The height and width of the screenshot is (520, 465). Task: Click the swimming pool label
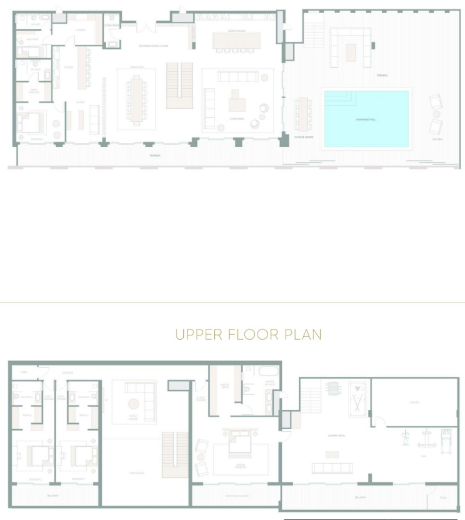[366, 120]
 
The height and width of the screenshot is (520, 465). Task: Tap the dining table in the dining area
[136, 99]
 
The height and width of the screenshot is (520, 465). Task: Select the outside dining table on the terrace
[303, 114]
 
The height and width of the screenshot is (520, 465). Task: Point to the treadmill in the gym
[446, 440]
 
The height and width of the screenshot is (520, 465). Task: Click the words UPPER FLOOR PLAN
[248, 335]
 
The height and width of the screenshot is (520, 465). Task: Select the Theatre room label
[414, 403]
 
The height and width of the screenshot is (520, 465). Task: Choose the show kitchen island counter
[237, 41]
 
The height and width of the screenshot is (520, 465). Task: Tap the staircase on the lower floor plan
[179, 86]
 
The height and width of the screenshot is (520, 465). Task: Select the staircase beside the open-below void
[175, 454]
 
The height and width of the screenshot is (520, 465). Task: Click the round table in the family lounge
[134, 404]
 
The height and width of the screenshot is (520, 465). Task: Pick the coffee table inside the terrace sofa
[350, 52]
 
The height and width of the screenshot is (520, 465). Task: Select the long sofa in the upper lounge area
[332, 468]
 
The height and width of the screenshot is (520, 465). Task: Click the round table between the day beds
[437, 114]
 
